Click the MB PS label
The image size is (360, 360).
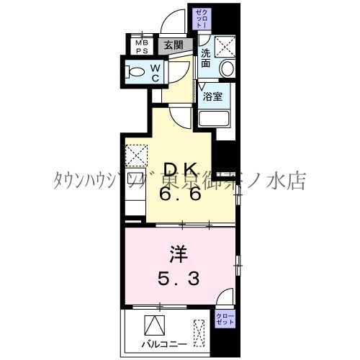tap(142, 45)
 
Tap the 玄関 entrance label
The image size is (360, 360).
tap(173, 45)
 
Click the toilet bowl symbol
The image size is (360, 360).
tap(134, 71)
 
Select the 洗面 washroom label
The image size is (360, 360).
tap(206, 58)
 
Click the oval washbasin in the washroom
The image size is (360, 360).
tap(226, 69)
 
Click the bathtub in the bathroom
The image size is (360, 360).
tap(213, 119)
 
